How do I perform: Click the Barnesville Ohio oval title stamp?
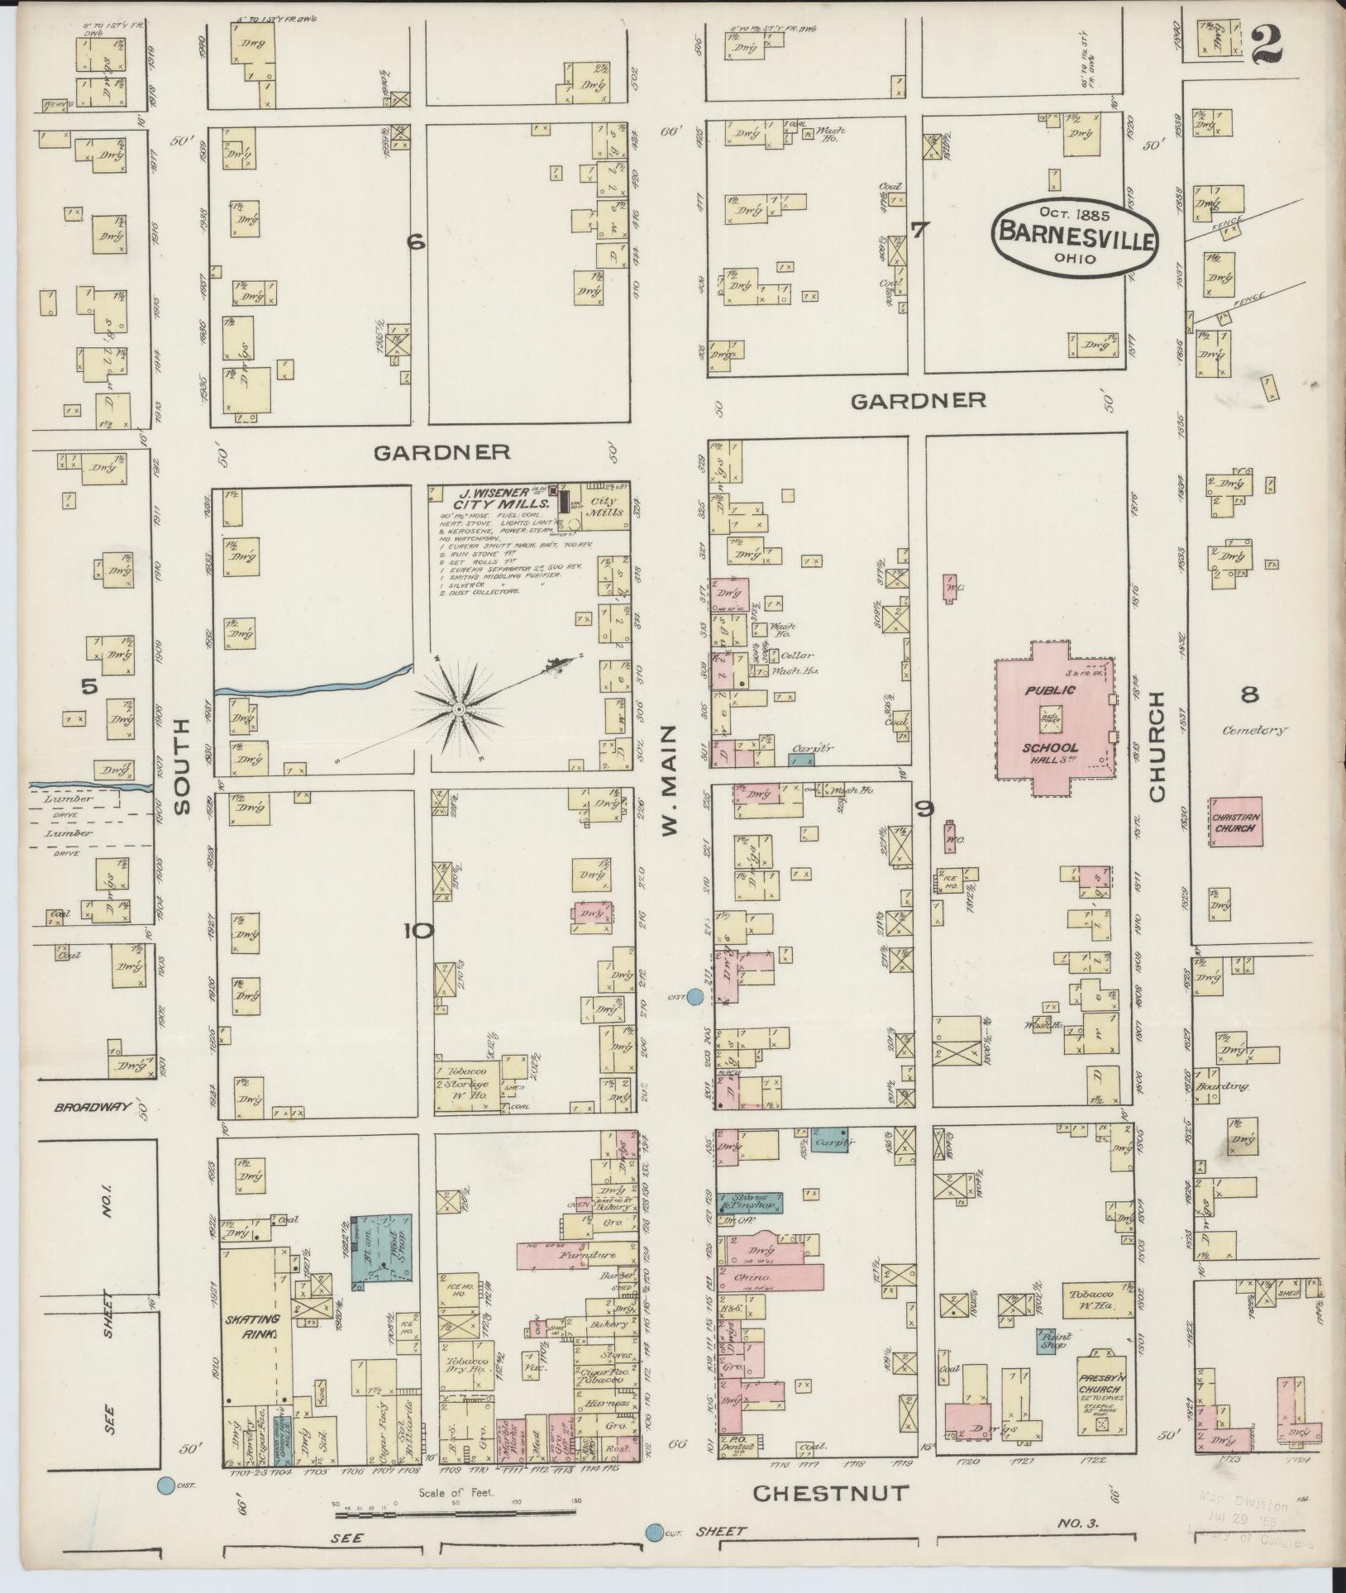click(x=1075, y=236)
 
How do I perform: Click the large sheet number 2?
click(x=1265, y=44)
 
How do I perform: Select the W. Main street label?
click(x=670, y=780)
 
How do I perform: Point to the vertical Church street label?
click(x=1155, y=746)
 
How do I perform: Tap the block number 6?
click(x=415, y=242)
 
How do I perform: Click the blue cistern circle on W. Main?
click(x=696, y=998)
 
